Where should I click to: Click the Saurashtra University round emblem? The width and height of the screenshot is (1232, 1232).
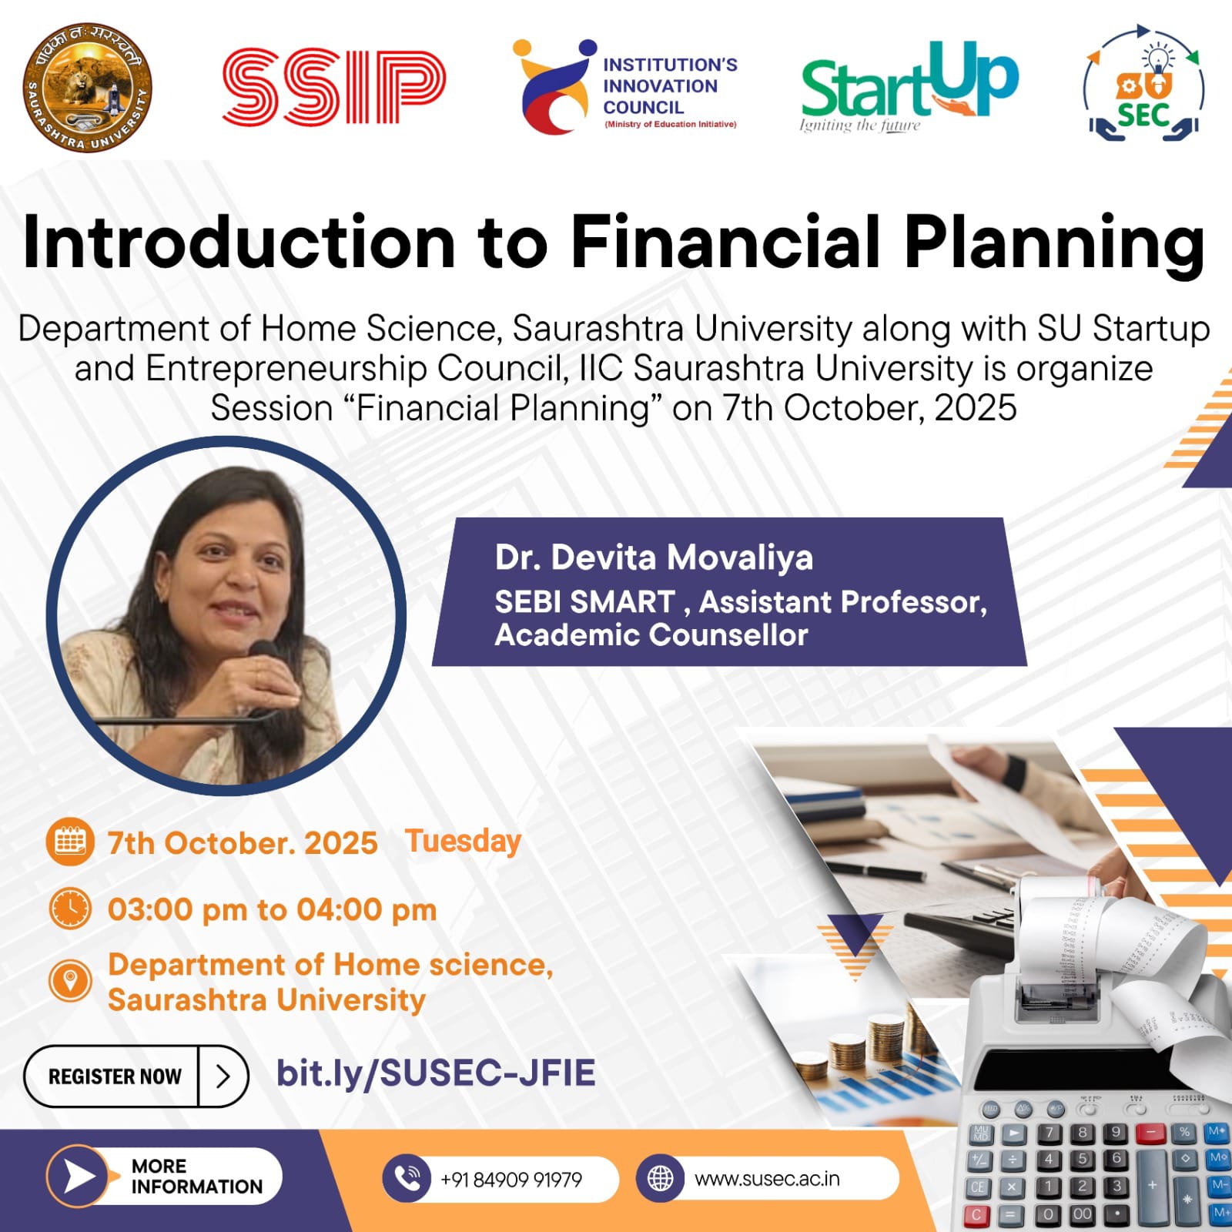coord(87,86)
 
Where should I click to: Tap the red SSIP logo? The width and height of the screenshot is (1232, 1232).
coord(334,86)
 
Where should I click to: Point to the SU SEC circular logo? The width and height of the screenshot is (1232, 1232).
coord(1144,85)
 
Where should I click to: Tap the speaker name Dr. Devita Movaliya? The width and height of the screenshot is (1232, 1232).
coord(654,557)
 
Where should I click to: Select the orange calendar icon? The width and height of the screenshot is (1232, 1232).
coord(70,842)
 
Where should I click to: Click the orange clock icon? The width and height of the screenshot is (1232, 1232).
coord(70,909)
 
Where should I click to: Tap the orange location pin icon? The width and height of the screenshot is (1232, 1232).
coord(70,980)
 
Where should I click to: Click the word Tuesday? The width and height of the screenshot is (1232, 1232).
coord(464,842)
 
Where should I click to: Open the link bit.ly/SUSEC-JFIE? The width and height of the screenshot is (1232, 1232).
coord(436,1073)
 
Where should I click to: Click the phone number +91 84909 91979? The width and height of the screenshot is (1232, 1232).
coord(511,1180)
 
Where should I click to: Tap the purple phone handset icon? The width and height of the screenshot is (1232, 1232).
coord(407,1178)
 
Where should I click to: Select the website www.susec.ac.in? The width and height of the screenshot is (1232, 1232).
coord(767,1179)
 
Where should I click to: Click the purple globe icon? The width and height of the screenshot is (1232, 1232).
coord(660,1178)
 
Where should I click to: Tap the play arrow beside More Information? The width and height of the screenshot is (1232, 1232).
coord(79,1177)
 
